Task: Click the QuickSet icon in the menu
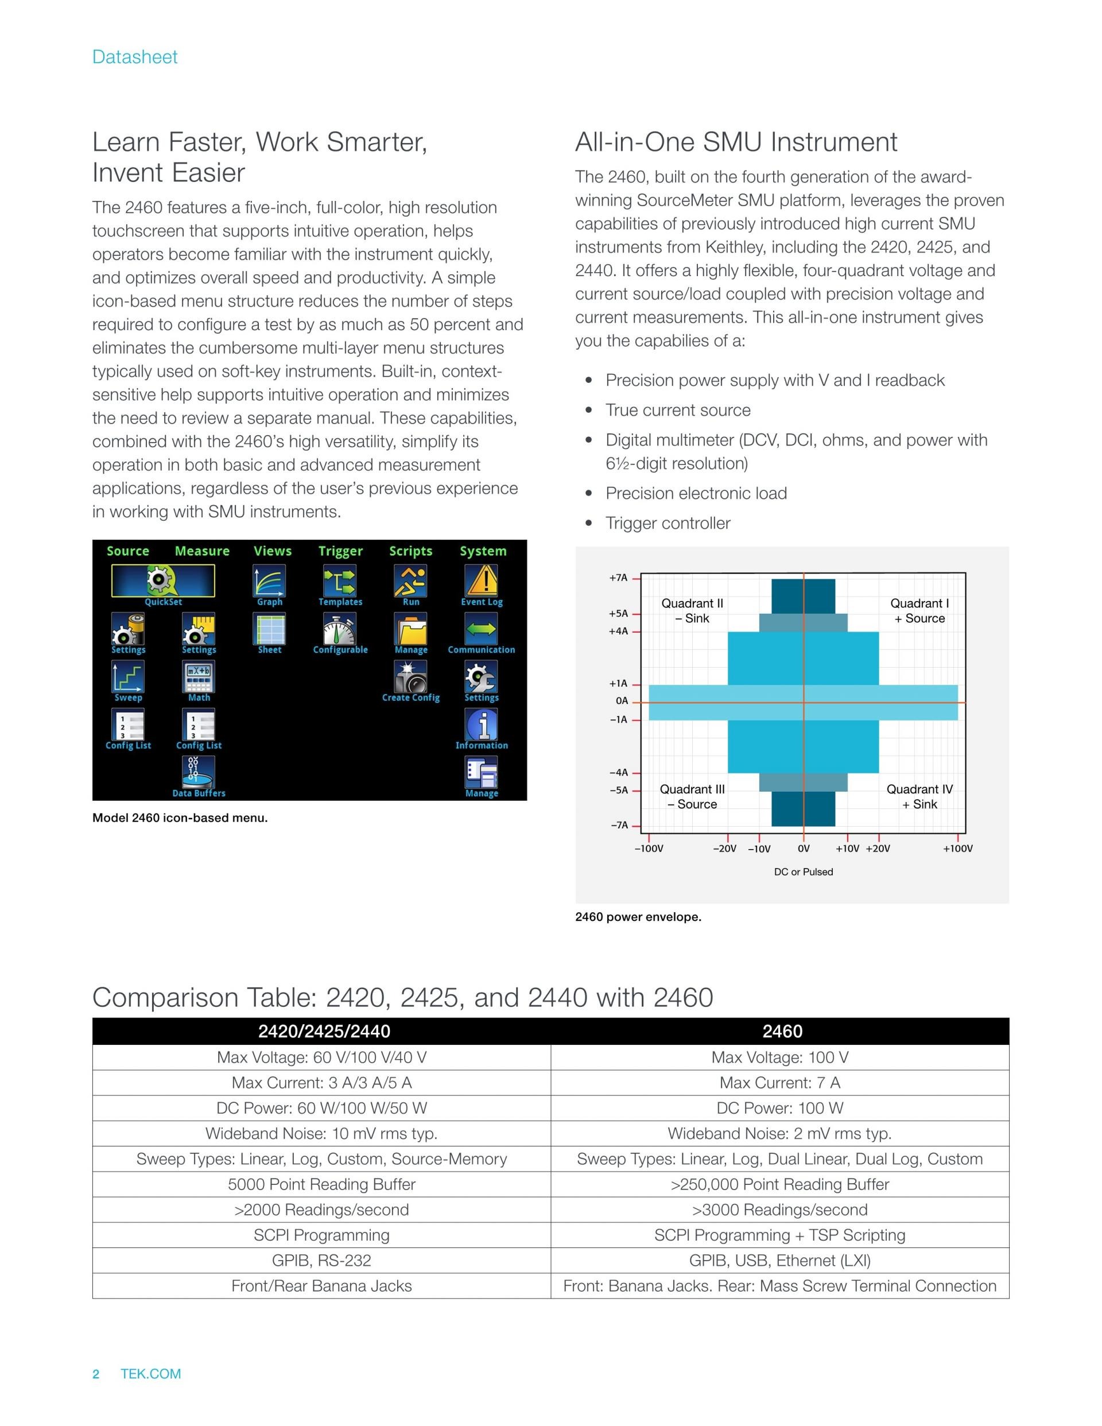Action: tap(162, 580)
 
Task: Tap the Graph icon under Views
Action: tap(269, 580)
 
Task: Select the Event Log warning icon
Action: tap(481, 580)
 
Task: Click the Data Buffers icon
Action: tap(199, 772)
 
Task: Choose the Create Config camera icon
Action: tap(410, 676)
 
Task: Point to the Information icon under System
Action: tap(481, 724)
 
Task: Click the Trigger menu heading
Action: tap(340, 551)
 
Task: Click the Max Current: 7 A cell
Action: tap(779, 1083)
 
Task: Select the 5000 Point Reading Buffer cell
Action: tap(321, 1184)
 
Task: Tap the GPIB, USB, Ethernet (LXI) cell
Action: tap(779, 1261)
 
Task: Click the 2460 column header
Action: tap(782, 1032)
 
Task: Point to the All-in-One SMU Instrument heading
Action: tap(736, 142)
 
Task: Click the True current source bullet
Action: tap(678, 410)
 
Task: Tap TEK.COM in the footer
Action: tap(151, 1374)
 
